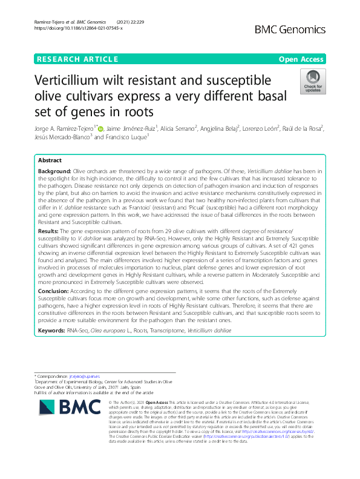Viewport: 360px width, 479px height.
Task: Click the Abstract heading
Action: (x=50, y=160)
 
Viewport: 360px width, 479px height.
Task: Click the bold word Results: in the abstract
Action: (x=48, y=231)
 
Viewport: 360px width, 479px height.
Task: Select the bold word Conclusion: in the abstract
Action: (x=53, y=291)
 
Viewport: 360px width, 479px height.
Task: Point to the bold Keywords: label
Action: (x=52, y=331)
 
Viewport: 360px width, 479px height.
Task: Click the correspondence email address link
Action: (x=87, y=377)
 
